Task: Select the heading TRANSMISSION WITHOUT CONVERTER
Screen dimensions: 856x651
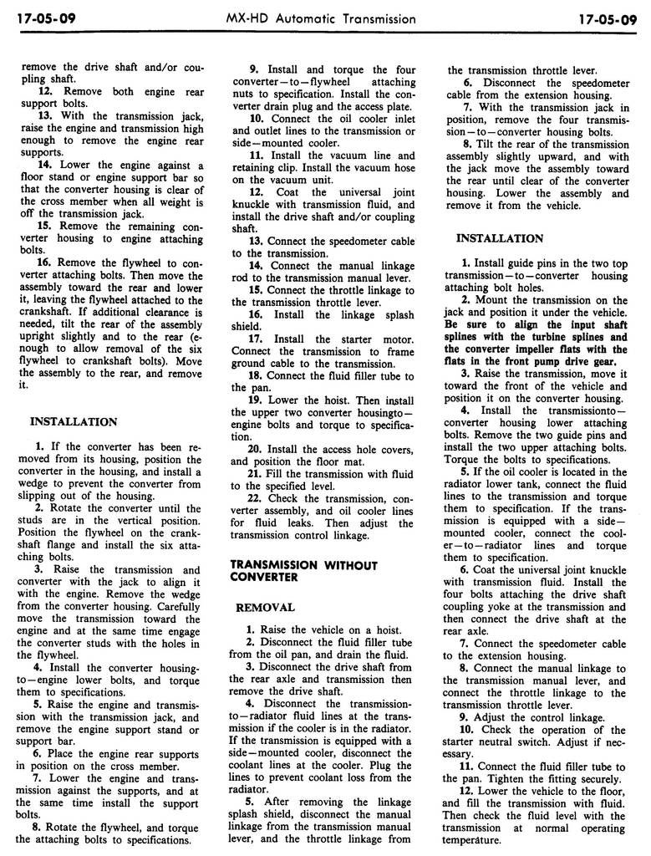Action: pyautogui.click(x=303, y=572)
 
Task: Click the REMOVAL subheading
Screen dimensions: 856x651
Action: pyautogui.click(x=265, y=607)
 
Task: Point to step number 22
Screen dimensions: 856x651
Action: pyautogui.click(x=254, y=499)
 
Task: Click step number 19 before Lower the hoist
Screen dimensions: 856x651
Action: pyautogui.click(x=254, y=400)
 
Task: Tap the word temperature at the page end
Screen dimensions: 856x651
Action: pyautogui.click(x=472, y=839)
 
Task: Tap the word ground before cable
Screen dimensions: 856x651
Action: pyautogui.click(x=248, y=364)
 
